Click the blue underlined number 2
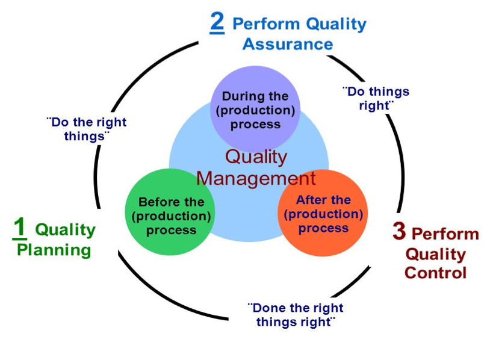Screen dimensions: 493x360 tap(217, 23)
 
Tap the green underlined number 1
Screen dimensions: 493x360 tap(19, 228)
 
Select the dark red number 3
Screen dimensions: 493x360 tap(399, 231)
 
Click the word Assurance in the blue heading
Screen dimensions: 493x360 tap(288, 44)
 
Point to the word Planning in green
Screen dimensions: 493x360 tap(54, 250)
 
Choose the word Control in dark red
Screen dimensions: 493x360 tap(435, 273)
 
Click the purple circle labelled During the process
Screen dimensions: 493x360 tap(255, 109)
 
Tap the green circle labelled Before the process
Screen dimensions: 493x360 tap(170, 212)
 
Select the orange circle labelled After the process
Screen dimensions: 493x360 tap(323, 213)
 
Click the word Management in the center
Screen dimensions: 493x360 tap(256, 179)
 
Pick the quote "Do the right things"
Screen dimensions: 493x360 tap(87, 129)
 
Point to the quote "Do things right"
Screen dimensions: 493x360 tap(376, 98)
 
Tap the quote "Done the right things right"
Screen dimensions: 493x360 tap(296, 314)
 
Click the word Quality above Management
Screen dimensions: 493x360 tap(256, 157)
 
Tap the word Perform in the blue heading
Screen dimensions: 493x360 tap(267, 24)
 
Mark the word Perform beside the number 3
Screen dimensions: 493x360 tap(445, 234)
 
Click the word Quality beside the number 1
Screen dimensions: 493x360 tap(66, 230)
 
